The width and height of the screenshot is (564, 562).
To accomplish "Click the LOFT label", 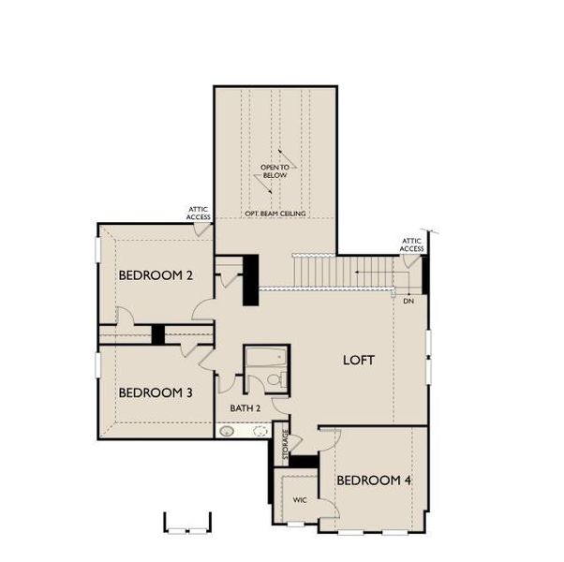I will coord(358,359).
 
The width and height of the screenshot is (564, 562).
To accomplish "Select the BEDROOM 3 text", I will coord(156,392).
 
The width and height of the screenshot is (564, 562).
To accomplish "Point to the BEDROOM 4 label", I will coord(374,481).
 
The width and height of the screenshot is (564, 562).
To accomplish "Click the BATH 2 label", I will coord(245,408).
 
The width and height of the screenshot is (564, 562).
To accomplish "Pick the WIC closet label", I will coord(300,500).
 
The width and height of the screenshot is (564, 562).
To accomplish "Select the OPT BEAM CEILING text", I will coord(275,214).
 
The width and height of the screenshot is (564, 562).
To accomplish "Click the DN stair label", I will coord(408,302).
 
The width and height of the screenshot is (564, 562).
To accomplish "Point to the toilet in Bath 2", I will coord(275,379).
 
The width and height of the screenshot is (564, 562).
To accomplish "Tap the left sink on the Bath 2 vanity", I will coord(228,432).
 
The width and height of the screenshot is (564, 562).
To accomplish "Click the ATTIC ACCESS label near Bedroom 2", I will coord(199,214).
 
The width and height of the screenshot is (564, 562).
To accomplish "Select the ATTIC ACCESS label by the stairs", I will coord(412,245).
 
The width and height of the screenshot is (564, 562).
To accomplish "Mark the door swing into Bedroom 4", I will coord(329,440).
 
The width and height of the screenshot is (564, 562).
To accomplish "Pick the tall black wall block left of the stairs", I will coord(250,279).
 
